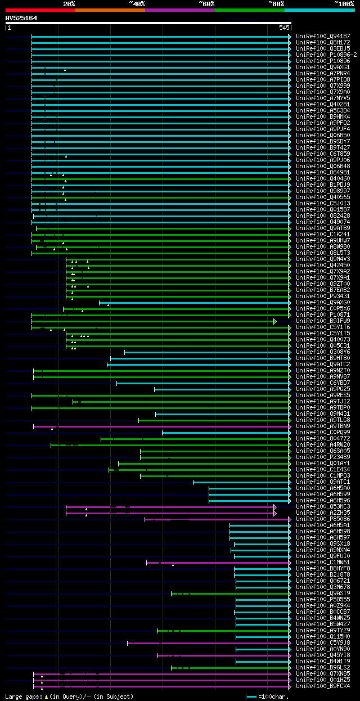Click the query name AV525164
tap(21, 18)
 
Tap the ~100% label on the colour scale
tap(343, 3)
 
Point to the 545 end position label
tap(283, 27)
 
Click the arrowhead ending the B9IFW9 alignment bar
tap(275, 321)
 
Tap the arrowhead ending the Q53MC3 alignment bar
tap(275, 507)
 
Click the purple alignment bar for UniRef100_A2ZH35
tap(169, 513)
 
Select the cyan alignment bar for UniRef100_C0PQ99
tap(225, 433)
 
